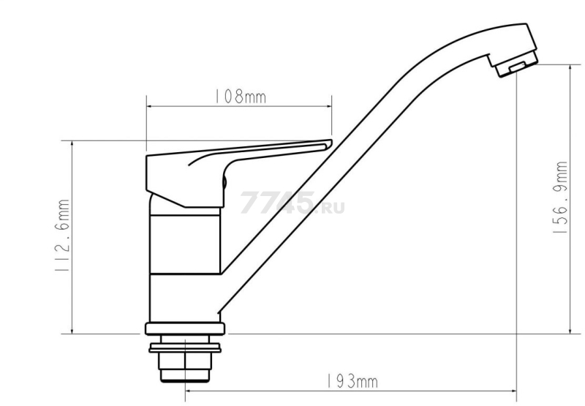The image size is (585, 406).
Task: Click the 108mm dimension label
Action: click(240, 97)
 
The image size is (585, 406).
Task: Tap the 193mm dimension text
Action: click(352, 382)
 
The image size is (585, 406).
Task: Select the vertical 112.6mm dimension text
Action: click(62, 235)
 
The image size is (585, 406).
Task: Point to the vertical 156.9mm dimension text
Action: click(560, 198)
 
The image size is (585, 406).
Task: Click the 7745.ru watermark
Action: click(292, 203)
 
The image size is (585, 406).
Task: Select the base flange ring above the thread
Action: click(185, 328)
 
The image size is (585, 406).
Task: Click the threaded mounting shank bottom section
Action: click(185, 367)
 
